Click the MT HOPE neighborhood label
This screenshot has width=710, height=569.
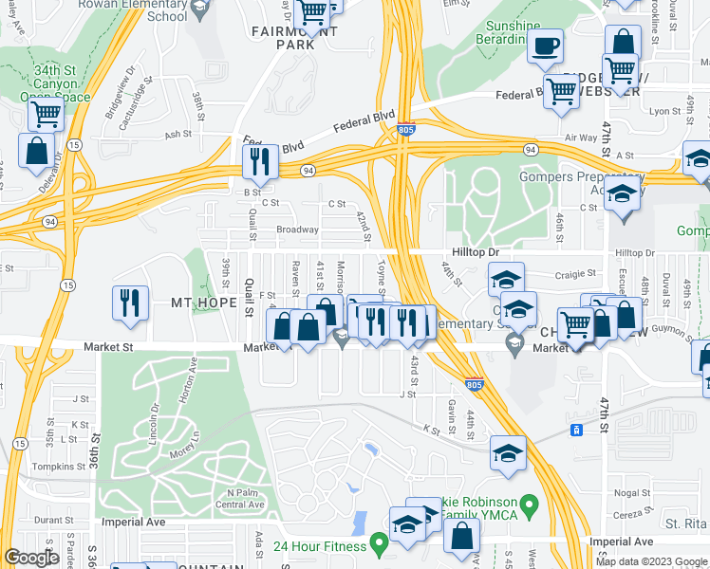tap(200, 303)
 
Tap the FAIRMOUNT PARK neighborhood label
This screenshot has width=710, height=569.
tap(281, 37)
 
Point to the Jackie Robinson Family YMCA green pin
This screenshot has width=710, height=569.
tap(532, 503)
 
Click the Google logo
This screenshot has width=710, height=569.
tap(31, 558)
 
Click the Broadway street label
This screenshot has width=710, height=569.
tap(297, 229)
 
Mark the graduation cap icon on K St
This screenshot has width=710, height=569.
tap(508, 451)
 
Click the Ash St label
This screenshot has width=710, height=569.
tap(177, 135)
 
